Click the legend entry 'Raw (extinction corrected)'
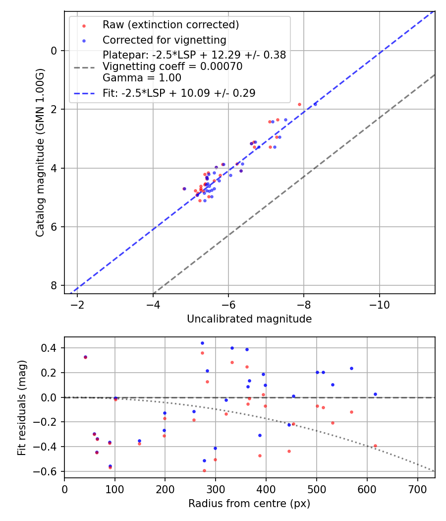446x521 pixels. [x=170, y=25]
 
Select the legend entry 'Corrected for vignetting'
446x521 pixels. [x=164, y=40]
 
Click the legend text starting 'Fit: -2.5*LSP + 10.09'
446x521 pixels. [x=179, y=93]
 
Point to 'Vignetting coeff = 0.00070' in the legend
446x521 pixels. [x=172, y=66]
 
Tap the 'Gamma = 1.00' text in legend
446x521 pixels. [x=142, y=78]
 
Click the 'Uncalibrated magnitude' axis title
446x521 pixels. [x=249, y=319]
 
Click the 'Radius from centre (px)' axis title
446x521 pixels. [x=249, y=504]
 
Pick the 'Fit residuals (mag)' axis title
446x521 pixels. [x=21, y=407]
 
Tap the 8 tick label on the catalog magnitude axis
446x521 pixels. [x=55, y=286]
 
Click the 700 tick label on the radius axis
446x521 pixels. [x=417, y=489]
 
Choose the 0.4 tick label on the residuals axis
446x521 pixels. [x=52, y=348]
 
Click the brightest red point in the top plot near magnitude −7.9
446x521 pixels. [x=299, y=104]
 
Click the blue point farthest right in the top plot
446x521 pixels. [x=315, y=104]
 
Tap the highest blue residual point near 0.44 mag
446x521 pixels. [x=202, y=343]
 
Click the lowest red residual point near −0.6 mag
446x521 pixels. [x=204, y=470]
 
